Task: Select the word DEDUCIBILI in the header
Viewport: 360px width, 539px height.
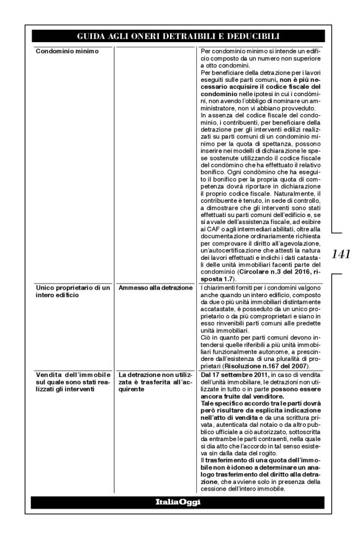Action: [x=253, y=36]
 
